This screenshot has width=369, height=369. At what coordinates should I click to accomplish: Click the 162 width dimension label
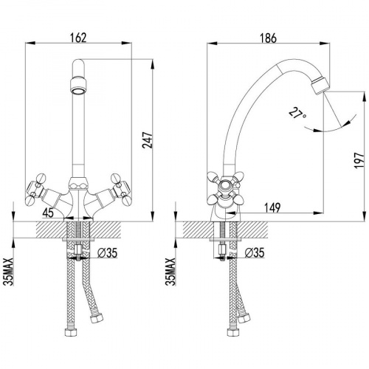point(78,38)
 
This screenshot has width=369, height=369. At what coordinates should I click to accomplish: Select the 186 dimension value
point(268,38)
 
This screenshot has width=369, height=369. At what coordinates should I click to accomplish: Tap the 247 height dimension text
point(148,140)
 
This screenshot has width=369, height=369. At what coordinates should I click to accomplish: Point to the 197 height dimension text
point(359,160)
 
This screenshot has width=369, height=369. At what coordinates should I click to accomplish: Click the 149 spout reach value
point(272,207)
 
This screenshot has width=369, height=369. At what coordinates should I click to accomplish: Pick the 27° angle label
point(297,114)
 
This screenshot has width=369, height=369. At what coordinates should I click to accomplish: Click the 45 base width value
point(48,213)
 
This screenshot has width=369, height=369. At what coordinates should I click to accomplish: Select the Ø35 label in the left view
point(107,252)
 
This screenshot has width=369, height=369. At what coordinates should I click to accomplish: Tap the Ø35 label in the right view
point(255,252)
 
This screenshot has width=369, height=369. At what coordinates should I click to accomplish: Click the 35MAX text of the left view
point(10,272)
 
